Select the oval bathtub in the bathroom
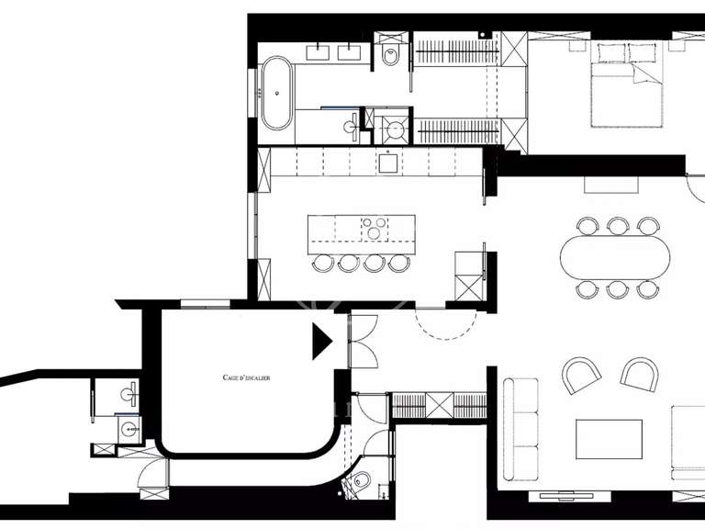tap(274, 93)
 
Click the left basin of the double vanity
tap(320, 51)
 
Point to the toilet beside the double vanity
tap(389, 56)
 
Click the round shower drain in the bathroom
tap(396, 129)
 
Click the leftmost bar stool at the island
tap(323, 264)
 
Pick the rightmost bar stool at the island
tap(398, 264)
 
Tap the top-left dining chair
tap(587, 224)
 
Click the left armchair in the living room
tap(582, 375)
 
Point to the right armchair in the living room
tap(641, 373)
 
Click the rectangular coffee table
tap(609, 439)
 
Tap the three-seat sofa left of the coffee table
tap(525, 428)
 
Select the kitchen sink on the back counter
tap(387, 163)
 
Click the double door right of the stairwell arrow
tap(364, 341)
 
